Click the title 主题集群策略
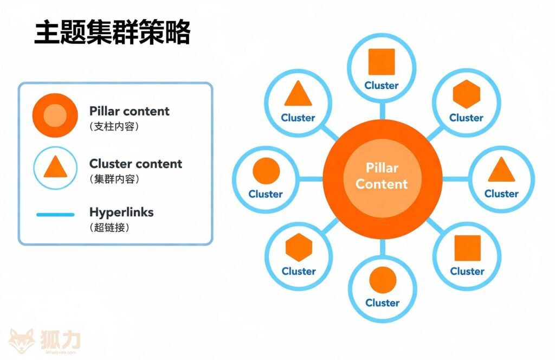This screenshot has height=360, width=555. tap(112, 34)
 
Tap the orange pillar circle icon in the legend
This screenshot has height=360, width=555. tap(55, 115)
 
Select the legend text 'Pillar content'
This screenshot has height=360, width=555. tap(129, 111)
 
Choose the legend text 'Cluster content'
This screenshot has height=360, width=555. tap(135, 164)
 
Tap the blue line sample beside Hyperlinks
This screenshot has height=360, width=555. tap(55, 215)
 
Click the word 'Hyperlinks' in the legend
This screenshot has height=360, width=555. tap(121, 212)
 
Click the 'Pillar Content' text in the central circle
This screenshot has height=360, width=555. tap(382, 176)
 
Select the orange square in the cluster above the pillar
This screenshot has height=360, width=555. tap(382, 62)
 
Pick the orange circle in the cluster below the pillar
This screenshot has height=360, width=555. tap(383, 280)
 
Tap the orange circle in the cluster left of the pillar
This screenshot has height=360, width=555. tap(266, 171)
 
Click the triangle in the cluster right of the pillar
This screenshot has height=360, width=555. tap(501, 170)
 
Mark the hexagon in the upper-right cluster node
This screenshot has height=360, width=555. tap(466, 94)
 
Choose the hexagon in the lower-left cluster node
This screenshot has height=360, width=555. tap(299, 248)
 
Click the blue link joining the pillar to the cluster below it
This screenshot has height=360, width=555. tap(382, 247)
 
